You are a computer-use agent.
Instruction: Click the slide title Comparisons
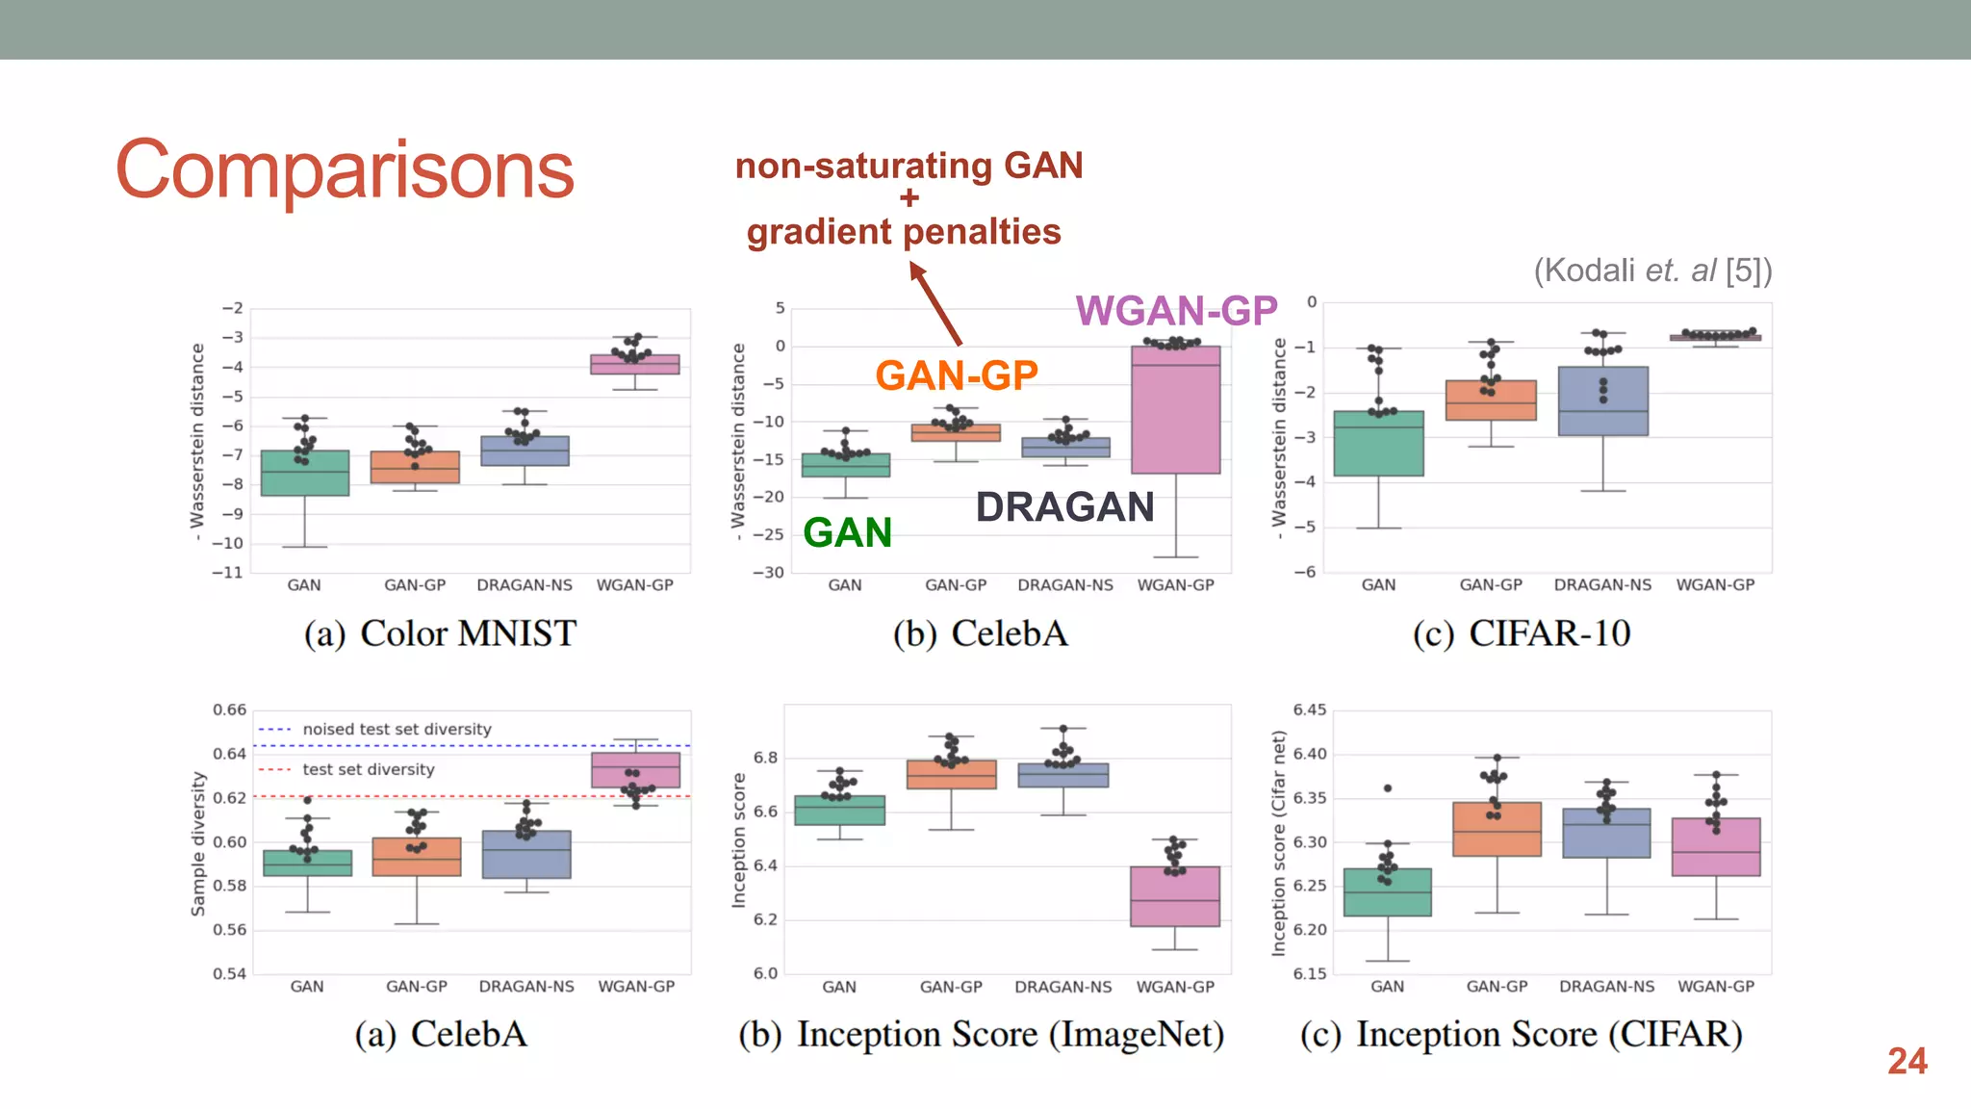click(x=345, y=170)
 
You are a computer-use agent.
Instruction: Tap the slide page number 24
click(x=1907, y=1061)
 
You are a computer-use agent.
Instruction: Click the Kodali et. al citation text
click(x=1651, y=271)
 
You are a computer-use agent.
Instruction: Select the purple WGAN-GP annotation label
click(x=1176, y=311)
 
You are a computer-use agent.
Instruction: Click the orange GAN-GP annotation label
click(x=957, y=375)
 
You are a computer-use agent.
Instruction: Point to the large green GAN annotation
click(x=848, y=532)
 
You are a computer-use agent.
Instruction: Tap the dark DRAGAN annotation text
click(x=1064, y=507)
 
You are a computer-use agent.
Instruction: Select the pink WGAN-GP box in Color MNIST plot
click(x=634, y=365)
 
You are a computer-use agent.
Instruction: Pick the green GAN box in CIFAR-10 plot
click(x=1378, y=444)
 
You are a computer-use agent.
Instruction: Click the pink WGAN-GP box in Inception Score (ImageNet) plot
click(x=1174, y=897)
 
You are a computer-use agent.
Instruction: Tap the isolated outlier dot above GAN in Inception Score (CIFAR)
click(x=1388, y=788)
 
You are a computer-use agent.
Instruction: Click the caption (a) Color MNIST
click(x=440, y=633)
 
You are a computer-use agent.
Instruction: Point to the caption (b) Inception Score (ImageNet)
click(x=981, y=1035)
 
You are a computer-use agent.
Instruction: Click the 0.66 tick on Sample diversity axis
click(x=229, y=710)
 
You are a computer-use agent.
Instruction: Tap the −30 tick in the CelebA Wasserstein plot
click(x=768, y=573)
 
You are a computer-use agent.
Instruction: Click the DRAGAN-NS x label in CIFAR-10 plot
click(x=1602, y=585)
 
